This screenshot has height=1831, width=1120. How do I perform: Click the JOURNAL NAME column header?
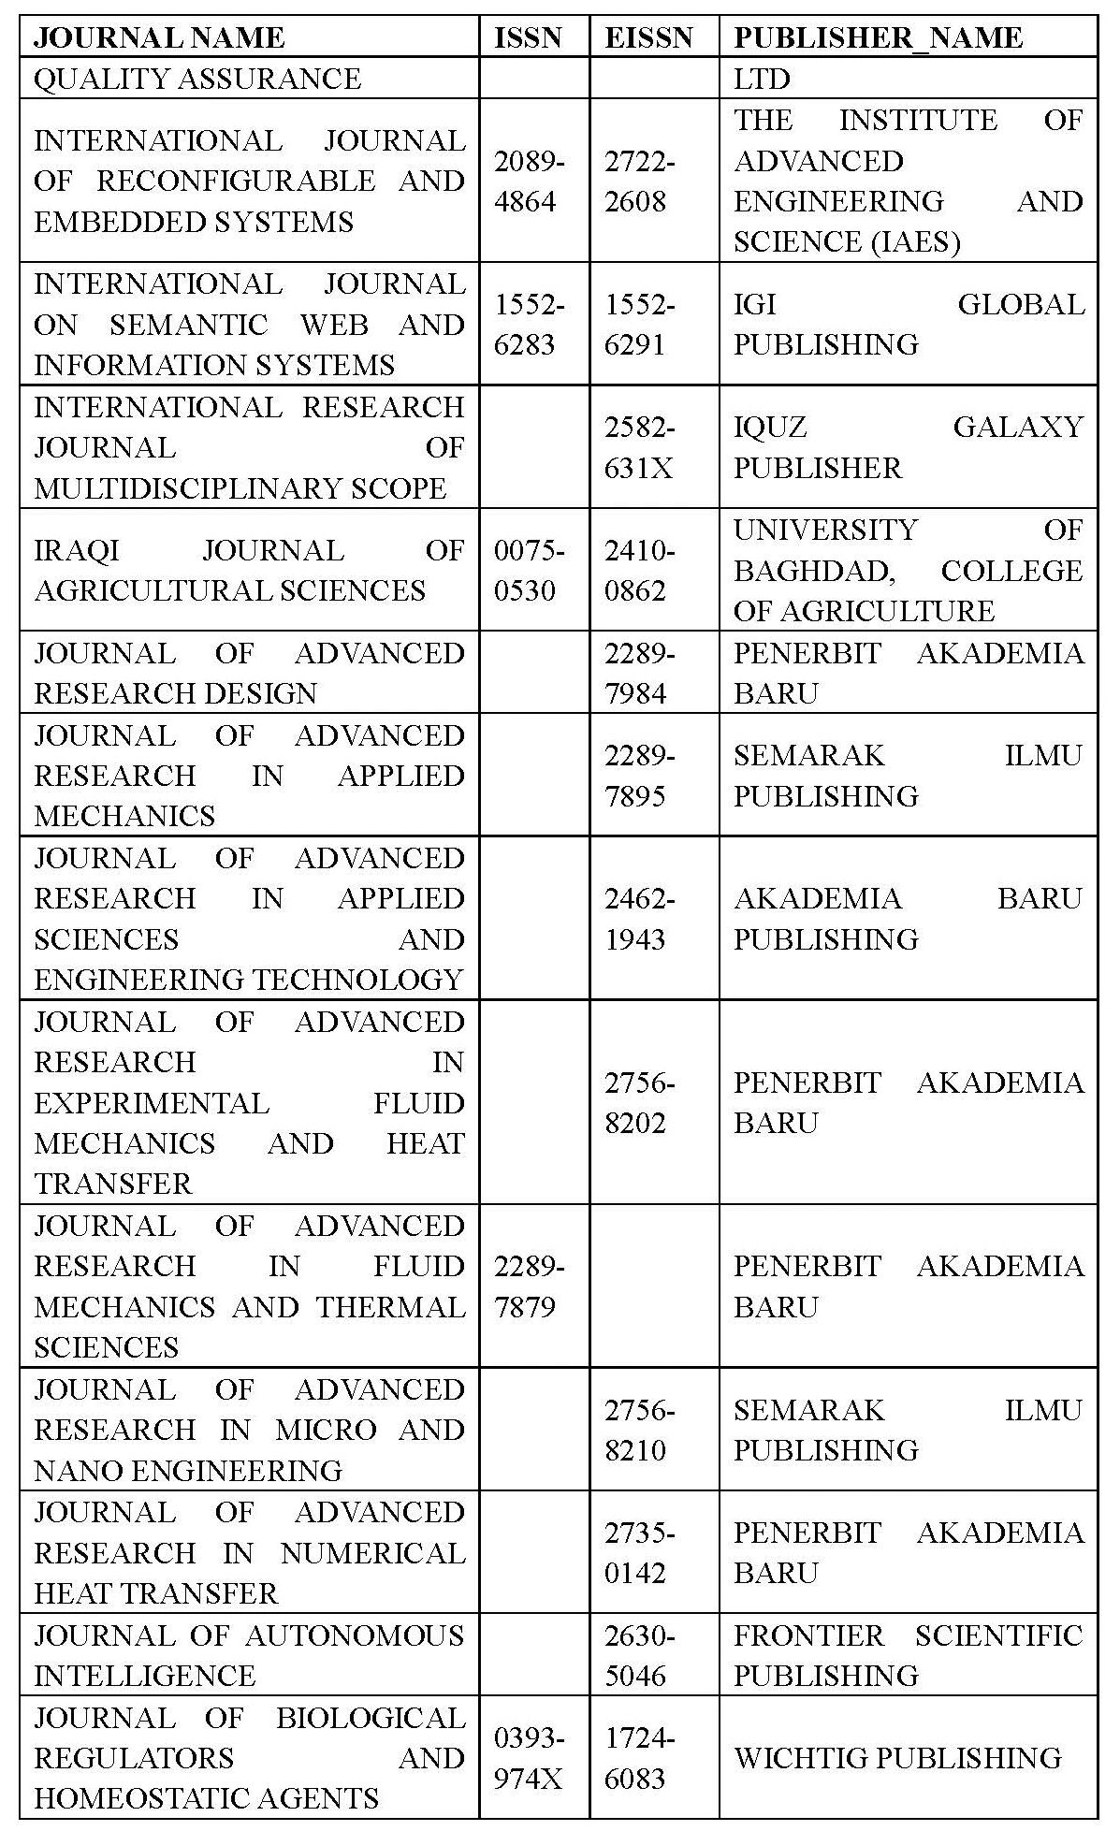pos(159,37)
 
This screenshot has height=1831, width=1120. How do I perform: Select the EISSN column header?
pos(648,37)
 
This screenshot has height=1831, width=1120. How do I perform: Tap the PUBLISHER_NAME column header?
pos(878,37)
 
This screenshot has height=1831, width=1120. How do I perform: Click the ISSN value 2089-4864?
pos(529,182)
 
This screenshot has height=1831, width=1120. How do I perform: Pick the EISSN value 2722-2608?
pos(639,182)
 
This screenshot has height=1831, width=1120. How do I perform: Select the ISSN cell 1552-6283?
pos(529,325)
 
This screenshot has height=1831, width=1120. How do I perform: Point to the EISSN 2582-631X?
pos(639,447)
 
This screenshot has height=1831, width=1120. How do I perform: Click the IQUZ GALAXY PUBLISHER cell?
pos(908,447)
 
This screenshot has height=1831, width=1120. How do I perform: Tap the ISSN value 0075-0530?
pos(529,571)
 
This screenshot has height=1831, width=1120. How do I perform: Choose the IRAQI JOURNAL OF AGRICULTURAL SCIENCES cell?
pos(249,571)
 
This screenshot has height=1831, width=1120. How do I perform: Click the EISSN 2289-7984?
pos(639,673)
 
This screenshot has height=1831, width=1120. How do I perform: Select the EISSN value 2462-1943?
pos(639,919)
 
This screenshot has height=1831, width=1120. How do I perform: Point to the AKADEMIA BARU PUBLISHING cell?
pos(908,919)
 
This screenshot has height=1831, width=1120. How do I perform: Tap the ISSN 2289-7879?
pos(529,1286)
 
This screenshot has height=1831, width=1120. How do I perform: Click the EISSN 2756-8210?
pos(639,1430)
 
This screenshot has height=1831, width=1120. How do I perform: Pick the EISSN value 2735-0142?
pos(639,1552)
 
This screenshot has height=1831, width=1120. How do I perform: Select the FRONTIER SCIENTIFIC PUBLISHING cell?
pos(908,1655)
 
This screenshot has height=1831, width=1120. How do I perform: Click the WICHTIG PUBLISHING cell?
pos(897,1758)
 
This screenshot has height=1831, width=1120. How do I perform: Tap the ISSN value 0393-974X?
pos(529,1758)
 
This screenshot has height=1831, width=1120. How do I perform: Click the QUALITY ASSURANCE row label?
pos(197,79)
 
